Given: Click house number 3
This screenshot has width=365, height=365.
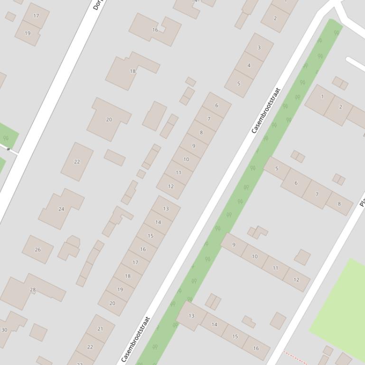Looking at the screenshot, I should [x=259, y=47].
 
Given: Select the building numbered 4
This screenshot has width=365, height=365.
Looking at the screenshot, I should [x=249, y=65].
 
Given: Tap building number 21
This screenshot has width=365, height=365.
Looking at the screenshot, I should [x=100, y=328].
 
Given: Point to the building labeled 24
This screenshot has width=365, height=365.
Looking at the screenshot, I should [x=61, y=209].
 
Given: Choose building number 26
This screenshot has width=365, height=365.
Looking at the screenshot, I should [x=37, y=249].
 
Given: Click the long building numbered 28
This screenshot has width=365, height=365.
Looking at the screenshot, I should [x=33, y=290].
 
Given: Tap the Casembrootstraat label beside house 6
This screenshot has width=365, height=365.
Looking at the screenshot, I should [x=266, y=110].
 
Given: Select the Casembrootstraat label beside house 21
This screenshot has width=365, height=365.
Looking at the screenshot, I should [x=136, y=339].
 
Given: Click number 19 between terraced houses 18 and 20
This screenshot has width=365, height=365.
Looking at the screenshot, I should [x=120, y=289].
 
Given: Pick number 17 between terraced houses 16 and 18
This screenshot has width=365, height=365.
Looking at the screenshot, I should [x=135, y=262].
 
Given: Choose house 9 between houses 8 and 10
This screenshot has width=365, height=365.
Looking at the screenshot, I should [x=194, y=146].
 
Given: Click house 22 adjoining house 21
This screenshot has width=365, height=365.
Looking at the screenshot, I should [x=90, y=347].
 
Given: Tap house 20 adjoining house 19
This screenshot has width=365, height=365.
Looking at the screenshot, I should [x=112, y=303].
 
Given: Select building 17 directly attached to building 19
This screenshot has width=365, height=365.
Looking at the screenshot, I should [x=36, y=16].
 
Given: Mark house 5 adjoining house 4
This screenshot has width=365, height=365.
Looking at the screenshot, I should [x=238, y=83].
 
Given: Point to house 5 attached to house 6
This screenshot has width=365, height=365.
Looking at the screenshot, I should [x=277, y=168].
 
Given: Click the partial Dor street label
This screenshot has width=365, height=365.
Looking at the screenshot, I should [x=97, y=5].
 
